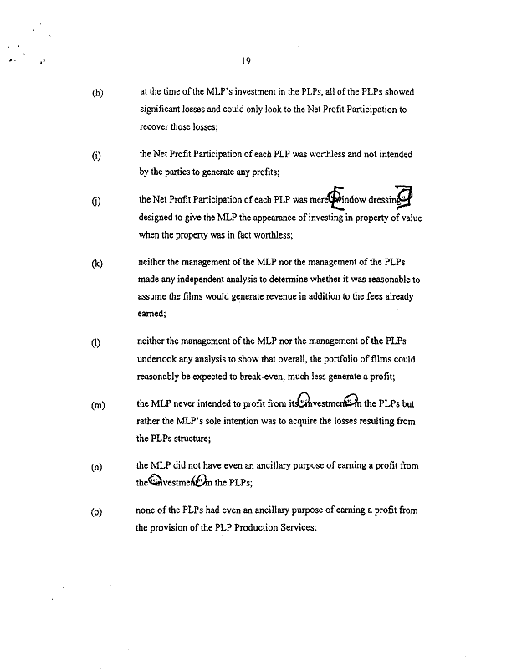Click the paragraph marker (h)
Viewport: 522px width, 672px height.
[97, 93]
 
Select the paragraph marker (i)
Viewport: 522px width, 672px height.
[97, 156]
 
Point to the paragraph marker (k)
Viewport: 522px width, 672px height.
[97, 264]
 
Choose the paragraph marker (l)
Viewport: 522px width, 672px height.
[97, 343]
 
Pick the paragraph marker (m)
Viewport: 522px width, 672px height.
[98, 405]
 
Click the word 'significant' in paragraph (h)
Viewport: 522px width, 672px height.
[164, 110]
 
